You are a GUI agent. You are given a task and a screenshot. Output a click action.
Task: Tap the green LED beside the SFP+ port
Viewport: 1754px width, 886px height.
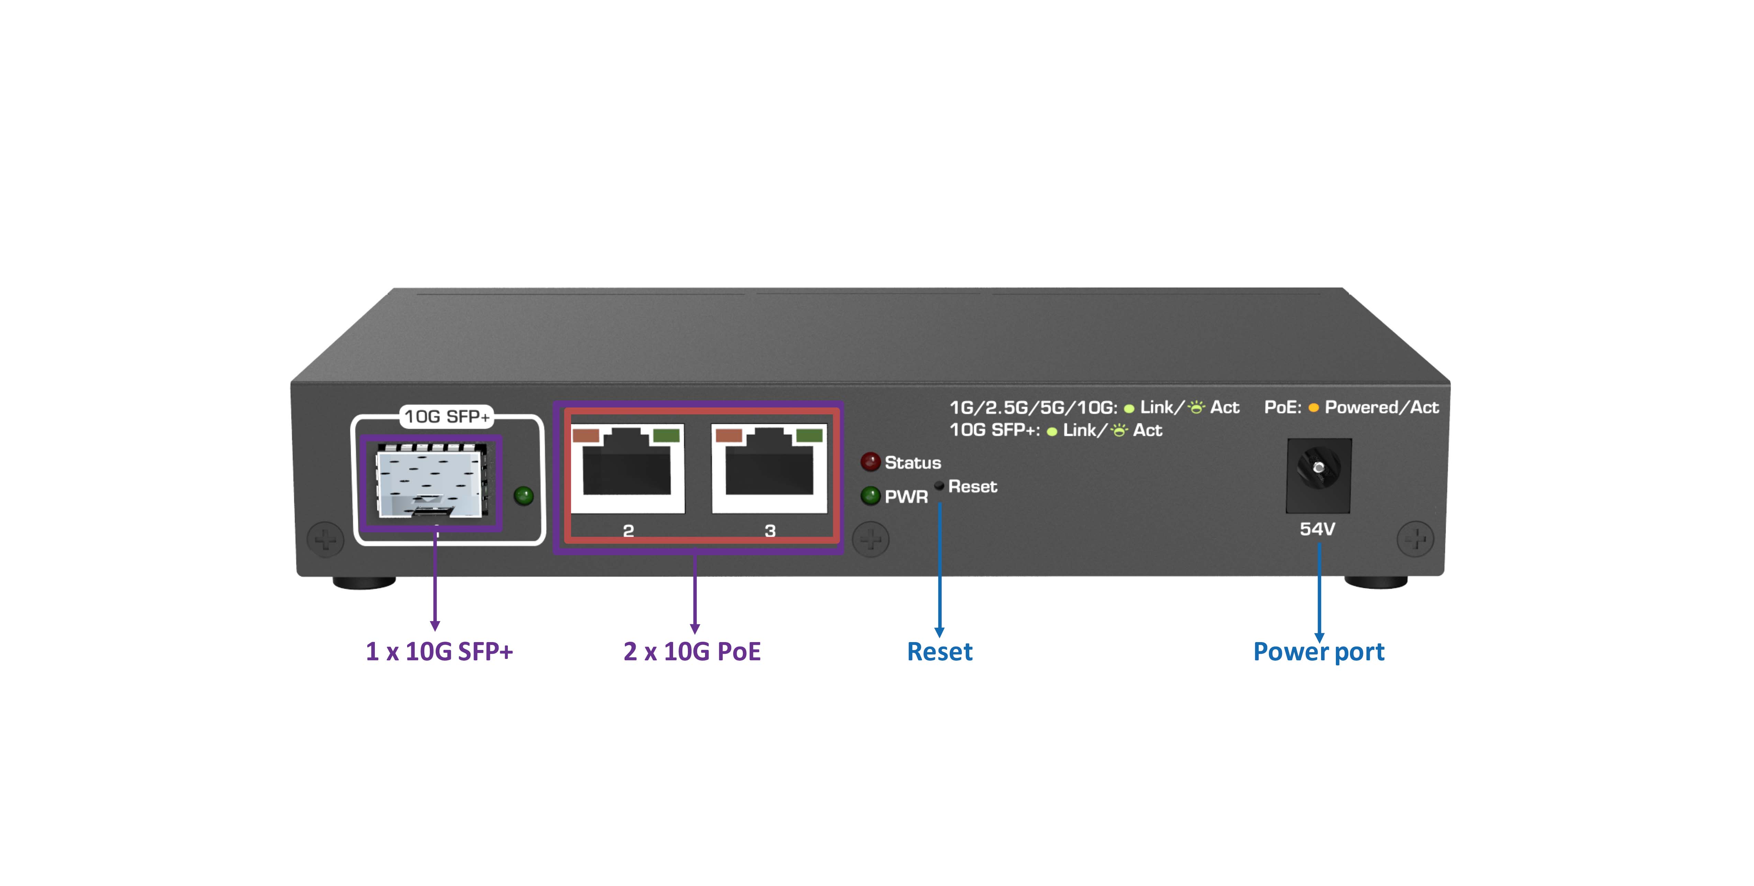tap(524, 495)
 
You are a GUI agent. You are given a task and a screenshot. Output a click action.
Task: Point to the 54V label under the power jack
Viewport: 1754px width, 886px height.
tap(1318, 529)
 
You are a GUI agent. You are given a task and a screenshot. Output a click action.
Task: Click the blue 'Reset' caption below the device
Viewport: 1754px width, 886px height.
tap(940, 652)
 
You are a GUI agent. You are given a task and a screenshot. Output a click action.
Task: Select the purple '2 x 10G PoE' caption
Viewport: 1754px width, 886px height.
tap(692, 652)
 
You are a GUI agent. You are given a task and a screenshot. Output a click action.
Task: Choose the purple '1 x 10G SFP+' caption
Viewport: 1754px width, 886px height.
tap(439, 652)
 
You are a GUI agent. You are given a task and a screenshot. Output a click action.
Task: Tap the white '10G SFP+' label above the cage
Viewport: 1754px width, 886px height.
tap(447, 416)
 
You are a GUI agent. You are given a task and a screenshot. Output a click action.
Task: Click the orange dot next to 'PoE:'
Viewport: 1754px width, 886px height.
tap(1314, 408)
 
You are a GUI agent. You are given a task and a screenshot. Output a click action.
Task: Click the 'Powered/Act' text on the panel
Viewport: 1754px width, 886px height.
tap(1382, 407)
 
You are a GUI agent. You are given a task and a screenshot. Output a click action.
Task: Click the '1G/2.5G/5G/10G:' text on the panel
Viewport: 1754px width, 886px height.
tap(1033, 407)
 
